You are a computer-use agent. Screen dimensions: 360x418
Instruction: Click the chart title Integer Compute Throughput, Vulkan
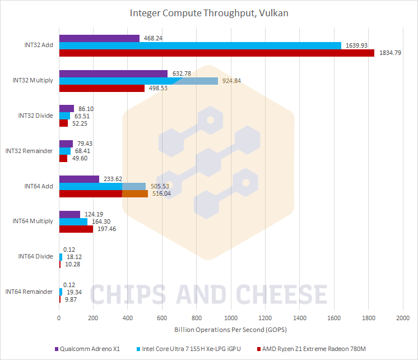point(208,12)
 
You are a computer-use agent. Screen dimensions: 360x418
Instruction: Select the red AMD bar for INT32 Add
point(216,53)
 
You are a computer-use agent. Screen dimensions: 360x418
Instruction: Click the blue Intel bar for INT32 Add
point(199,45)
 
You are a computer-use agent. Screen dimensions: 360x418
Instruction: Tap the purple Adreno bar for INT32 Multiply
point(113,73)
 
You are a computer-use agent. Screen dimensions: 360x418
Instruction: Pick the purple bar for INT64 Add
point(79,179)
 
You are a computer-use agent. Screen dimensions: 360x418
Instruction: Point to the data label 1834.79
point(391,53)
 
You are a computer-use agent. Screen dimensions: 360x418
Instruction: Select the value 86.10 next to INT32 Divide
point(85,108)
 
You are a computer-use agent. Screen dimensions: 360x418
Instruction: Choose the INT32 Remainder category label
point(29,151)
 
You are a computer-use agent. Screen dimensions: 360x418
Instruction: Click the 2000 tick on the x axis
point(402,317)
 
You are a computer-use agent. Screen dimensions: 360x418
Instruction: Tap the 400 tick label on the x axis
point(127,317)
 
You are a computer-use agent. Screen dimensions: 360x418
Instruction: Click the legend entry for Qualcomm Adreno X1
point(90,349)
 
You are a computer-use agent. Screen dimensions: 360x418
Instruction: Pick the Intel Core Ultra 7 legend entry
point(191,349)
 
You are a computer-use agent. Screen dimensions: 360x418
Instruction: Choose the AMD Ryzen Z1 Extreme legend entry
point(314,349)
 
